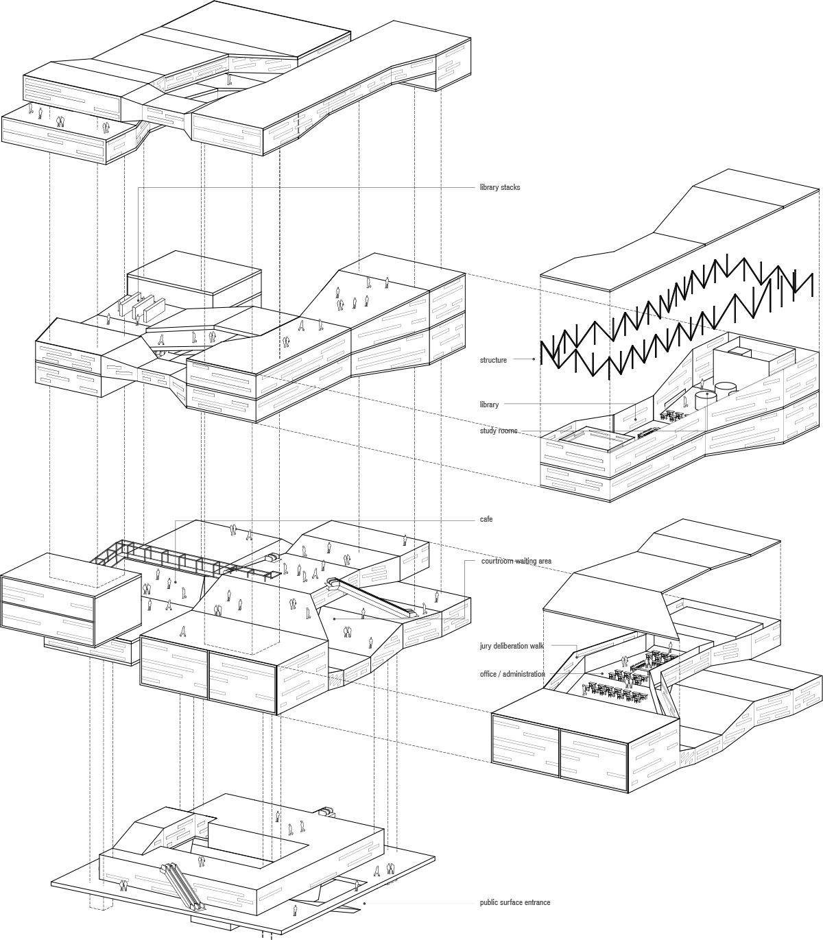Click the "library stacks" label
click(x=499, y=187)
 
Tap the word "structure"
click(x=493, y=360)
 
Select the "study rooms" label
click(x=499, y=431)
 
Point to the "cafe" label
click(x=486, y=519)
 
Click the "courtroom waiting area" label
click(x=516, y=561)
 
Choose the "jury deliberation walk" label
click(x=512, y=646)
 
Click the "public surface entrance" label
click(x=514, y=902)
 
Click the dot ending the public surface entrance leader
click(x=364, y=904)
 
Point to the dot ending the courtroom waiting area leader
click(x=334, y=618)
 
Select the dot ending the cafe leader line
click(x=176, y=582)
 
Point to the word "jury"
click(x=486, y=646)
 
